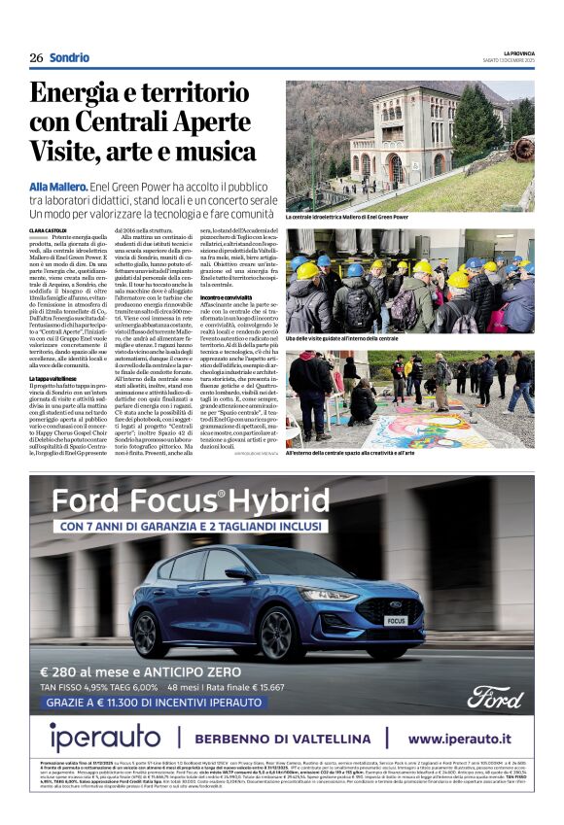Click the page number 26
(x=36, y=57)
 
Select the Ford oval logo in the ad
(x=494, y=696)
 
